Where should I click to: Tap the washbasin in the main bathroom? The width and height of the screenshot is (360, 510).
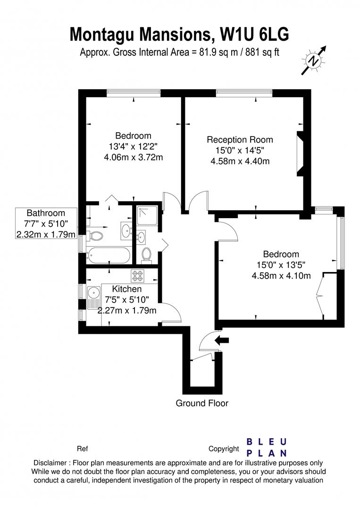click(x=126, y=230)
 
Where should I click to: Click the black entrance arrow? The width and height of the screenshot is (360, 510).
click(x=221, y=340)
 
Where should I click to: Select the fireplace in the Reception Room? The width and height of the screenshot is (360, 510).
click(x=301, y=154)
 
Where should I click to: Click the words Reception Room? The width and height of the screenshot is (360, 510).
click(x=240, y=140)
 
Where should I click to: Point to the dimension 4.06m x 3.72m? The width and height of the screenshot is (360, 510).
click(x=134, y=157)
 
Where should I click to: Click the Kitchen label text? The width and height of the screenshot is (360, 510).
click(x=126, y=289)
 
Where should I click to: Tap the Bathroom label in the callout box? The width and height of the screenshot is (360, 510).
click(x=45, y=212)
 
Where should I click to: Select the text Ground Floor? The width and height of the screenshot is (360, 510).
click(x=202, y=403)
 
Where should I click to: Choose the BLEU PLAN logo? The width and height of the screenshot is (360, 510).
click(x=267, y=447)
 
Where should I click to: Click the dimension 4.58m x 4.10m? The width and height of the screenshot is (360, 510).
click(x=281, y=276)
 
